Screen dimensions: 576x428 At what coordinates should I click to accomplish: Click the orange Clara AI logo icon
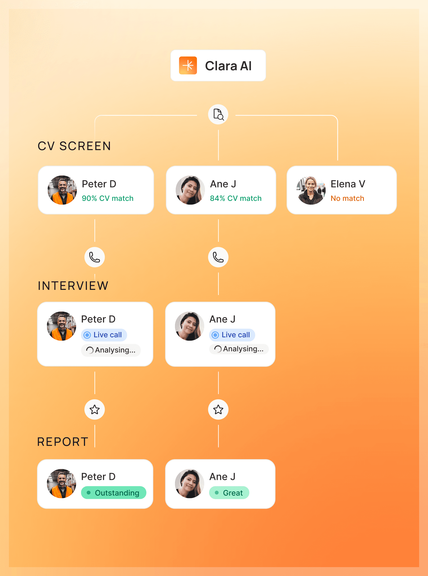(188, 65)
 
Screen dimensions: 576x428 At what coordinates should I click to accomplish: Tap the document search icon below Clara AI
(218, 114)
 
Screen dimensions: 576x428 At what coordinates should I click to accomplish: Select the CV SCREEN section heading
(74, 146)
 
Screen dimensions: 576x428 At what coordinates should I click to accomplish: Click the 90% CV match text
(108, 198)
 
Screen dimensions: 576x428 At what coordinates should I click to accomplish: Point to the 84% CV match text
(235, 198)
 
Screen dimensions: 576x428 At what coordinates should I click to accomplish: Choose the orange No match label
(347, 198)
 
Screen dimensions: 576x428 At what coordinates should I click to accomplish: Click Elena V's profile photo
(311, 190)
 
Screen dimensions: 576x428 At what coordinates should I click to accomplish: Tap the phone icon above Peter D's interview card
(95, 257)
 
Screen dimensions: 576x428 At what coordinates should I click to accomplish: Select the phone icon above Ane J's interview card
(218, 257)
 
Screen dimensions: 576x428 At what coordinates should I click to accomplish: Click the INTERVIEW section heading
(73, 286)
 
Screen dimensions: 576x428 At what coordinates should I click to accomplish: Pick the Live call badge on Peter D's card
(104, 335)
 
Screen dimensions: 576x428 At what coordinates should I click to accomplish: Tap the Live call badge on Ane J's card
(232, 335)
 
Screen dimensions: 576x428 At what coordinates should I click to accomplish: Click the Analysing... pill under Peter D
(111, 350)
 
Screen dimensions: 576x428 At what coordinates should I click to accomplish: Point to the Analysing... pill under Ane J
(239, 349)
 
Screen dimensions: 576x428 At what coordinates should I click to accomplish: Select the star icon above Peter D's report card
(95, 409)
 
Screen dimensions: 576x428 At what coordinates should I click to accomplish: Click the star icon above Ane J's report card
(218, 409)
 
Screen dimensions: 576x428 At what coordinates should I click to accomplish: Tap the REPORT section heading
(63, 442)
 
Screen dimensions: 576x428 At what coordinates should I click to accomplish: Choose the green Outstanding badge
(114, 493)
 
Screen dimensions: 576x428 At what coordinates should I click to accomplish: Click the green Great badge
(229, 493)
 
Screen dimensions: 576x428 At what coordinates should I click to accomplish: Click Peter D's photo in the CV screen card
(62, 190)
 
